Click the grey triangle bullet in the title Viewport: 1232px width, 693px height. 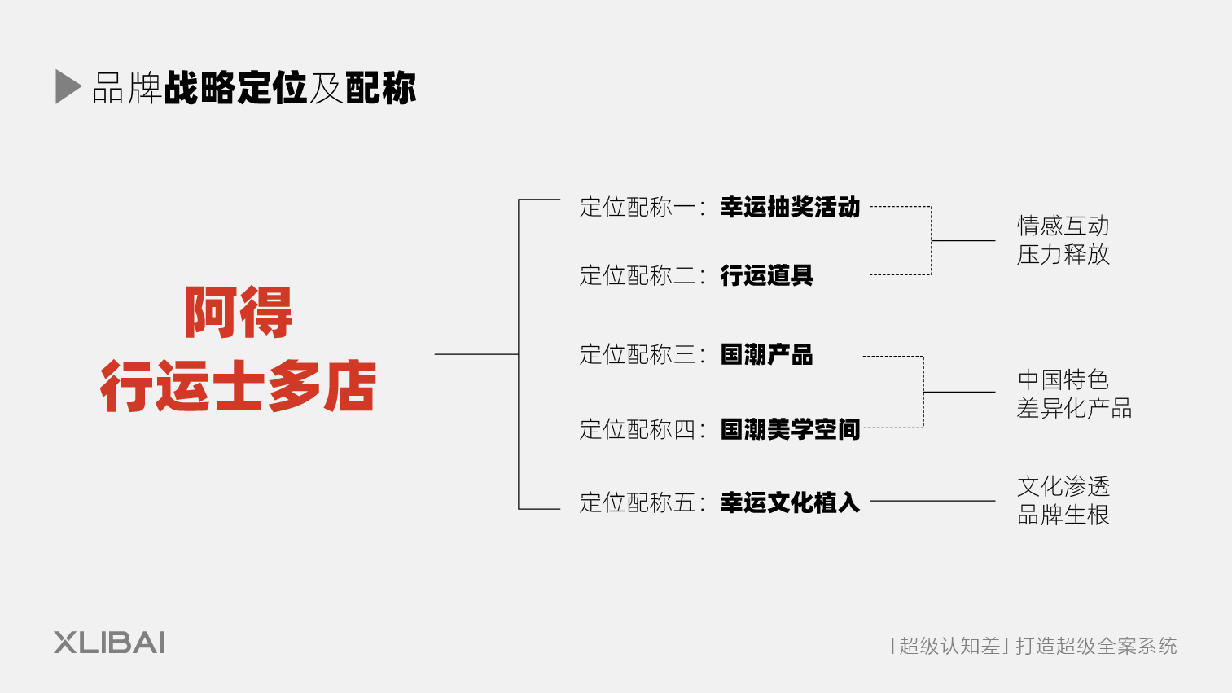coord(68,87)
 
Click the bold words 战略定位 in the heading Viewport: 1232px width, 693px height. coord(235,88)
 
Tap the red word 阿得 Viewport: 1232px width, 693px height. coord(239,312)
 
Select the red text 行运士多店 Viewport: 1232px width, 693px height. coord(238,386)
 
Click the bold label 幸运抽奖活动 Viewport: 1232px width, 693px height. coord(790,207)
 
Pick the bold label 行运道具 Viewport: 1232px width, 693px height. coord(766,275)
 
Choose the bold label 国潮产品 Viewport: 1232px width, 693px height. coord(766,354)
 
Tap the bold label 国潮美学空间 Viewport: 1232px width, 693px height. coord(790,428)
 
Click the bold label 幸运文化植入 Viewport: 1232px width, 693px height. coord(790,502)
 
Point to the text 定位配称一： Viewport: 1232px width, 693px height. coord(642,207)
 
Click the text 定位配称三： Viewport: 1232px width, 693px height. coord(642,354)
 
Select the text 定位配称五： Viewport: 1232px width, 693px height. coord(642,502)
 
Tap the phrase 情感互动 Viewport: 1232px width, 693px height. coord(1063,226)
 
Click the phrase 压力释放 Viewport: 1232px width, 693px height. coord(1063,254)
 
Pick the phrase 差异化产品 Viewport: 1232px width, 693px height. coord(1074,408)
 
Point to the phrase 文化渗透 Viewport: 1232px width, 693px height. coord(1063,486)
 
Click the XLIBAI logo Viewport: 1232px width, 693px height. coord(110,643)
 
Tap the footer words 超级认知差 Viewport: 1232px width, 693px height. coord(949,646)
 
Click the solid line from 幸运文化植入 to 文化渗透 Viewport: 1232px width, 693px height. coord(932,501)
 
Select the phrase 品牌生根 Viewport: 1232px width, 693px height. coord(1063,515)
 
